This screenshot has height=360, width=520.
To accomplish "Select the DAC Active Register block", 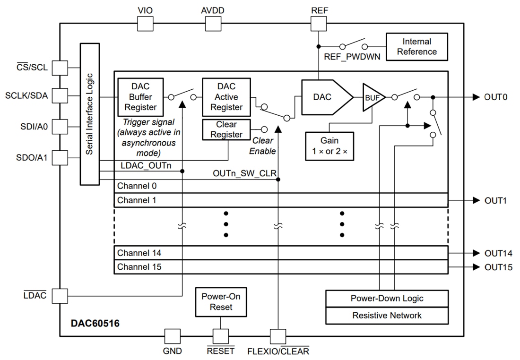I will point(226,97).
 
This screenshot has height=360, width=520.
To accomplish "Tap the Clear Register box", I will point(226,129).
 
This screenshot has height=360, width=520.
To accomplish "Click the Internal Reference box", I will point(416,47).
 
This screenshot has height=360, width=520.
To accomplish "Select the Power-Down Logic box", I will point(387,299).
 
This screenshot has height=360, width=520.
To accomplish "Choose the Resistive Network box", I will point(387,315).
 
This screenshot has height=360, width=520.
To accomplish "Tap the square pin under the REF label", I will point(319,23).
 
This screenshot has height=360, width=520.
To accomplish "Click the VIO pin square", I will point(145,23).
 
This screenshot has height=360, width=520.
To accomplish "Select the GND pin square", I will point(172,336).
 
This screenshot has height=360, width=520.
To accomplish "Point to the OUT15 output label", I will point(498,267).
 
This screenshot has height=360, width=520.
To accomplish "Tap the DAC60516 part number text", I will point(95,324).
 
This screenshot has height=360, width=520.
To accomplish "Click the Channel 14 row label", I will point(139,253).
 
